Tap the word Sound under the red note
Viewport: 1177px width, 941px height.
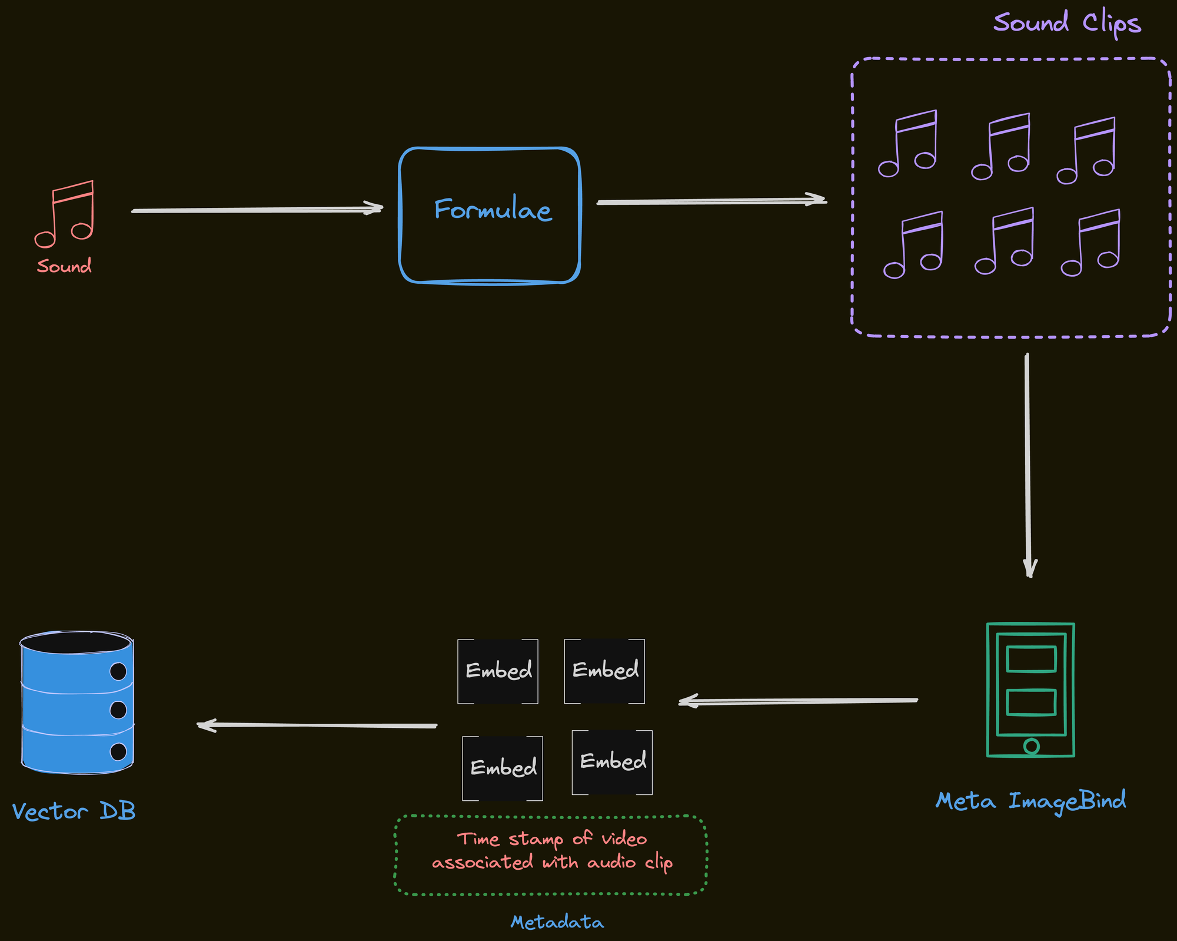click(64, 266)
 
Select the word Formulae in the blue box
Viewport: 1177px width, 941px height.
click(493, 210)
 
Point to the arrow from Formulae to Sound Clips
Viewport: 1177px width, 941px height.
click(711, 201)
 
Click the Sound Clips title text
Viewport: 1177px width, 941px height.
click(1066, 24)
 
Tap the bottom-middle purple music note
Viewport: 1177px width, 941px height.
click(1005, 241)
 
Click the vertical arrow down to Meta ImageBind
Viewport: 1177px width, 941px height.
click(1028, 465)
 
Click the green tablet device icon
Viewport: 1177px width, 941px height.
click(1030, 690)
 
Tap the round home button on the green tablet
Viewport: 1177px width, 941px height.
click(1031, 746)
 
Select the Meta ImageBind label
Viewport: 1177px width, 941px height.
click(1030, 801)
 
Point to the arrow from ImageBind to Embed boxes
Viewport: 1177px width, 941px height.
click(797, 701)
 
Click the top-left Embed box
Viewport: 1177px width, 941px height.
click(498, 671)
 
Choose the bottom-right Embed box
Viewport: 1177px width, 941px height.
click(612, 762)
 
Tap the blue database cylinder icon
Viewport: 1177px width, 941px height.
click(77, 703)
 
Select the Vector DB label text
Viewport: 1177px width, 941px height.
click(74, 811)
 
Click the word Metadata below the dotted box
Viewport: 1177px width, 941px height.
click(557, 922)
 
